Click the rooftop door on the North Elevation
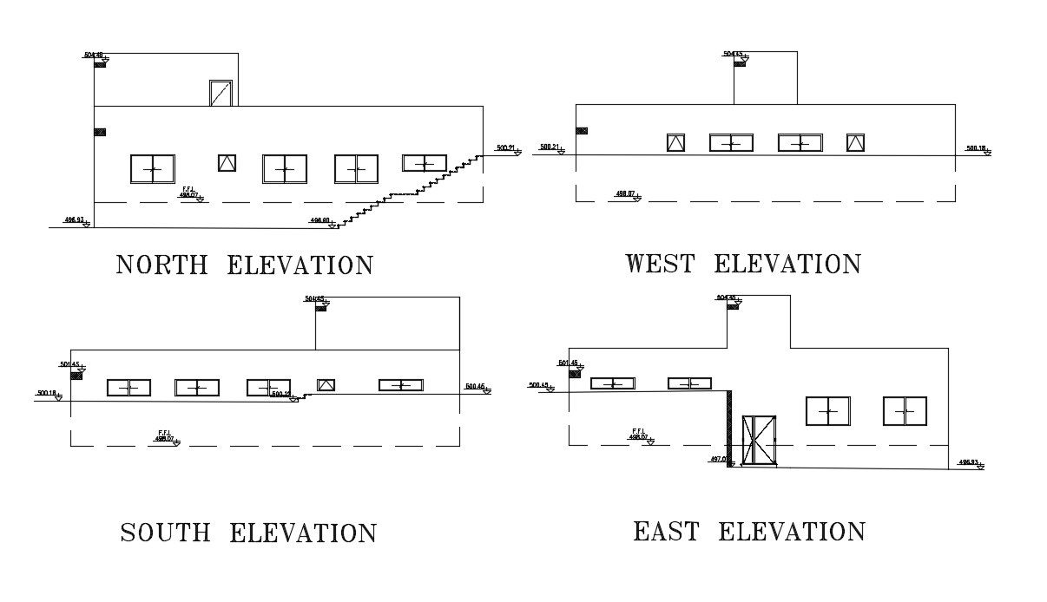221,93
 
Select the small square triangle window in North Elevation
227,163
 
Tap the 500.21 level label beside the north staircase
505,148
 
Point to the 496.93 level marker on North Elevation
75,220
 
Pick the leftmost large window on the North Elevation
152,168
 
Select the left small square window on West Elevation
675,143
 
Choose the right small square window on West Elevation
855,143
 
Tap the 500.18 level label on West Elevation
976,148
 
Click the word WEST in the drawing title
660,264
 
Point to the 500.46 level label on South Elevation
476,386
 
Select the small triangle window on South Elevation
326,384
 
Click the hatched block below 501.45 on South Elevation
79,374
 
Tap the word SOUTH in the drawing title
165,533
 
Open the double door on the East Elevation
759,441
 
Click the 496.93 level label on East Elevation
968,462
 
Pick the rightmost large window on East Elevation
905,411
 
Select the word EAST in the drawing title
666,531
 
